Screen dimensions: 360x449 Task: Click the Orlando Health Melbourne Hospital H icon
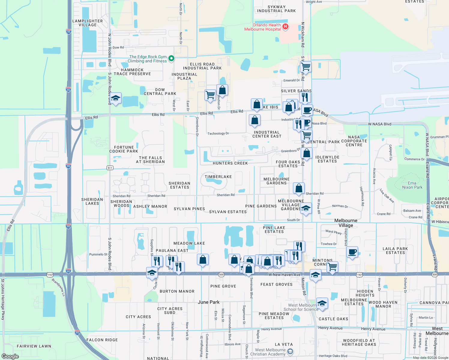(x=285, y=27)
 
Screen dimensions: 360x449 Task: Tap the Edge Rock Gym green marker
(x=171, y=58)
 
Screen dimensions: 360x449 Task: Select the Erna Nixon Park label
(x=412, y=185)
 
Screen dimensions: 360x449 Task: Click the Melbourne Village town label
(x=346, y=223)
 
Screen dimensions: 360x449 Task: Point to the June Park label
(x=209, y=302)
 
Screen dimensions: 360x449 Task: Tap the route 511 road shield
(x=110, y=168)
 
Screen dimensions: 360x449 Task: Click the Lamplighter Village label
(x=88, y=23)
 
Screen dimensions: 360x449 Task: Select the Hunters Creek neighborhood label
(x=230, y=163)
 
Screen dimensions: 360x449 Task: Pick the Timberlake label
(x=218, y=177)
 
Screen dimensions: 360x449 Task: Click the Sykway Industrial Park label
(x=276, y=9)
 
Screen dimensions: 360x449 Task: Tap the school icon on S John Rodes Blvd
(x=116, y=98)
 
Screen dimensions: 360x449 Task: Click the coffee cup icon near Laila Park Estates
(x=352, y=252)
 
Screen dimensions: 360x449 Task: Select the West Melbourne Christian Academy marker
(x=290, y=352)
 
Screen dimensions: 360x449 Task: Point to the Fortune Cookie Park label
(x=124, y=149)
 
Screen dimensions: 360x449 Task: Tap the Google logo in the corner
(x=10, y=356)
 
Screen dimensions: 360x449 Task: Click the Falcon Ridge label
(x=102, y=340)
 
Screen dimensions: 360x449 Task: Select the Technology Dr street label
(x=218, y=133)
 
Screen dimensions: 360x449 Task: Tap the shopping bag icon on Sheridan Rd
(x=299, y=188)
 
